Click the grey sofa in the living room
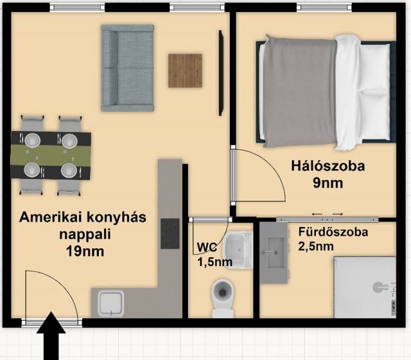coord(127,68)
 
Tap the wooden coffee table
coord(185,71)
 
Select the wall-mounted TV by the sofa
coord(221,73)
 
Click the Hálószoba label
coord(328,166)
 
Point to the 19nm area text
coord(85,251)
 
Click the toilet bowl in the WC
coord(223,298)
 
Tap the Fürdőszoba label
coord(333,232)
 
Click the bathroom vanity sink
coord(275,253)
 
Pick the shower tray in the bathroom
coord(365,287)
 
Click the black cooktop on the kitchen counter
coord(170,234)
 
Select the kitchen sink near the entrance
coord(110,303)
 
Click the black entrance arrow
coord(51,336)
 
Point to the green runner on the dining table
coord(51,155)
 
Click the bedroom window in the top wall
coord(325,8)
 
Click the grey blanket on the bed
coord(300,91)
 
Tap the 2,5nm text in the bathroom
coord(316,246)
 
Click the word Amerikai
coord(49,217)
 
